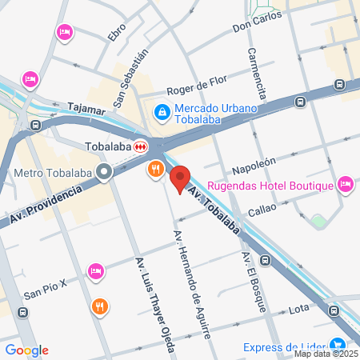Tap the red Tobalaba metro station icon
[x=141, y=146]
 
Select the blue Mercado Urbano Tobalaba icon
[x=162, y=113]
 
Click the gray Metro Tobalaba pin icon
[x=104, y=172]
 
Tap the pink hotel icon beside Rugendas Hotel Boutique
[x=346, y=185]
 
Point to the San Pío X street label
[x=43, y=294]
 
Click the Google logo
[x=26, y=350]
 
